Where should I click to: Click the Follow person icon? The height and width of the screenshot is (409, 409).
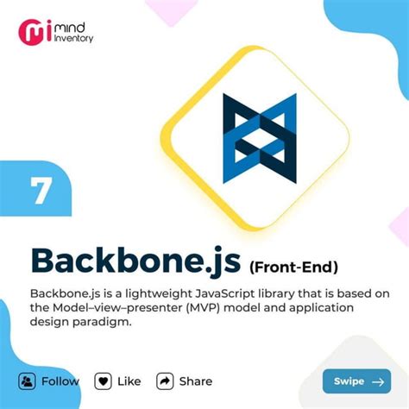[28, 381]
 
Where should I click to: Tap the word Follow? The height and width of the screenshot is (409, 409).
[60, 381]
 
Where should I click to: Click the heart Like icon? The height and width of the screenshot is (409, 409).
[104, 381]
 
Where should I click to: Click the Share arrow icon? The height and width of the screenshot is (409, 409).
[166, 381]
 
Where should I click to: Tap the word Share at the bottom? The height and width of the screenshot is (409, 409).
[196, 381]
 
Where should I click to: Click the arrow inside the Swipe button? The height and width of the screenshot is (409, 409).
[377, 381]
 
